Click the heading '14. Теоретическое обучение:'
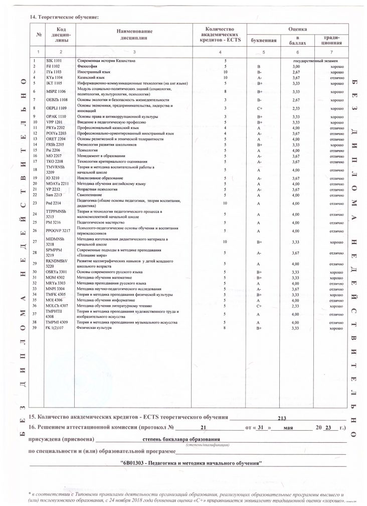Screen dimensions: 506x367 pyautogui.click(x=64, y=17)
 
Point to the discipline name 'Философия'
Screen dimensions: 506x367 pyautogui.click(x=87, y=66)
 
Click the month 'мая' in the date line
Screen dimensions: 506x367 pyautogui.click(x=288, y=428)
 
